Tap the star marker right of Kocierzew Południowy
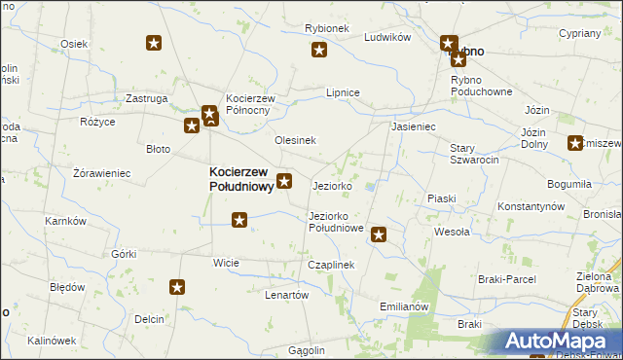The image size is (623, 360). pyautogui.click(x=284, y=180)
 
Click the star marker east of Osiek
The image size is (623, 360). pyautogui.click(x=154, y=43)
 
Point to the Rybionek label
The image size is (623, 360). pyautogui.click(x=326, y=29)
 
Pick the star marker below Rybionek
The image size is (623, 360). pyautogui.click(x=318, y=51)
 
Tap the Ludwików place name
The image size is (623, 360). pyautogui.click(x=387, y=37)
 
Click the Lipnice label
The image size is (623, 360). pyautogui.click(x=343, y=92)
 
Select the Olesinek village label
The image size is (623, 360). pyautogui.click(x=295, y=140)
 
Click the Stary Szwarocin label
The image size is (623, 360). pyautogui.click(x=474, y=154)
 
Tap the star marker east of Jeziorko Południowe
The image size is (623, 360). pyautogui.click(x=379, y=234)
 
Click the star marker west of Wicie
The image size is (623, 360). pyautogui.click(x=177, y=287)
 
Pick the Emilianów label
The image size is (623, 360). pyautogui.click(x=404, y=306)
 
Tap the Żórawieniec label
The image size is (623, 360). pyautogui.click(x=102, y=173)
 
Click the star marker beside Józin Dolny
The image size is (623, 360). pyautogui.click(x=574, y=142)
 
